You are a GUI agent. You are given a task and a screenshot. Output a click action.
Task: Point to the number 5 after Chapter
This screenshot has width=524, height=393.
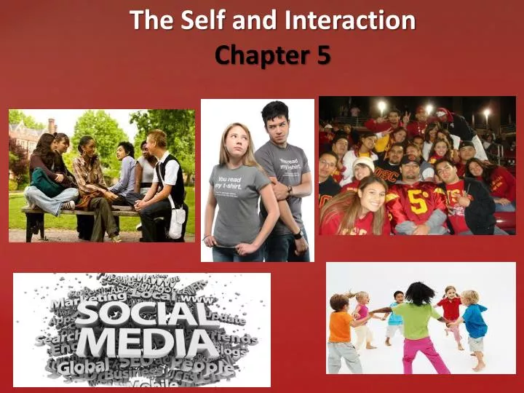pyautogui.click(x=322, y=55)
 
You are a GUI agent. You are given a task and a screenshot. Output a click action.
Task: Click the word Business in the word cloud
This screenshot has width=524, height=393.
pyautogui.click(x=131, y=374)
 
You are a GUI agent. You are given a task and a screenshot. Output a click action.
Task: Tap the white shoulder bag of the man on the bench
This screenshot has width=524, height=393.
pyautogui.click(x=176, y=222)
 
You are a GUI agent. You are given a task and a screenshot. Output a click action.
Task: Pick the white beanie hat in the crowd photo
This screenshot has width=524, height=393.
pyautogui.click(x=363, y=164)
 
